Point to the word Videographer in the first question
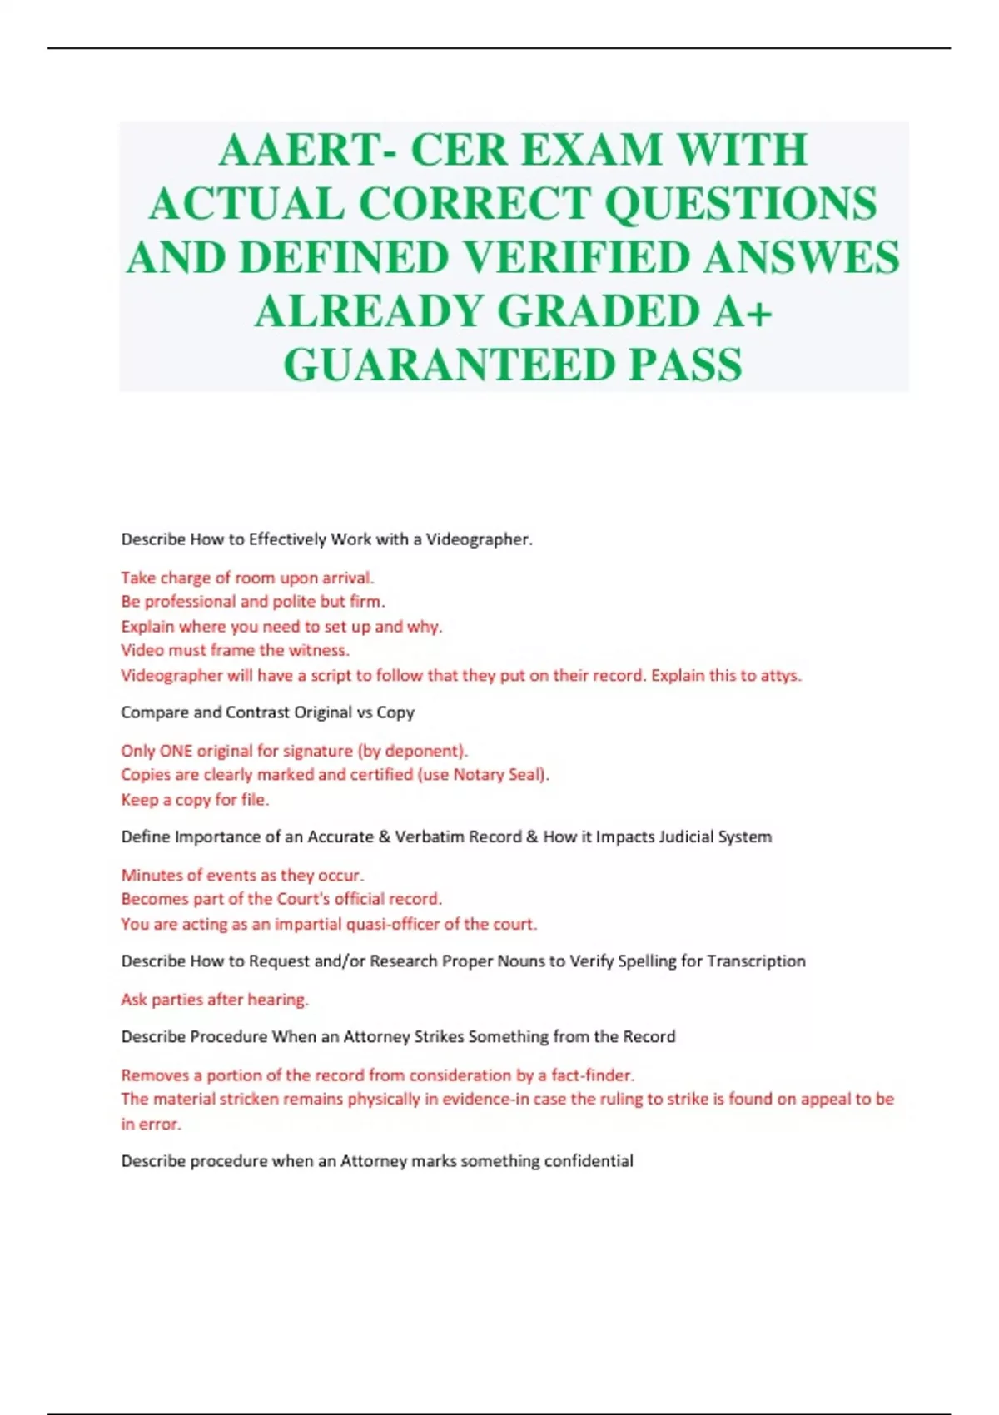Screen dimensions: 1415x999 [x=478, y=539]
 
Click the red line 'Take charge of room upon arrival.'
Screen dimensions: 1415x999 [x=247, y=578]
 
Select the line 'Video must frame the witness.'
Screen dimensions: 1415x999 [x=235, y=650]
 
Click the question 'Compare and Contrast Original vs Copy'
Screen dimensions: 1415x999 [x=267, y=712]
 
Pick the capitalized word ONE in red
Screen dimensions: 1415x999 [x=176, y=751]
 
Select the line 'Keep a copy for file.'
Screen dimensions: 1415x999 [x=195, y=800]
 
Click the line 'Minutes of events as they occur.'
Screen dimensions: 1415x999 [x=242, y=875]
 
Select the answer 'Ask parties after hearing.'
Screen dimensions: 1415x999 [x=215, y=1000]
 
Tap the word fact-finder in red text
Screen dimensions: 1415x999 [x=592, y=1075]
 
